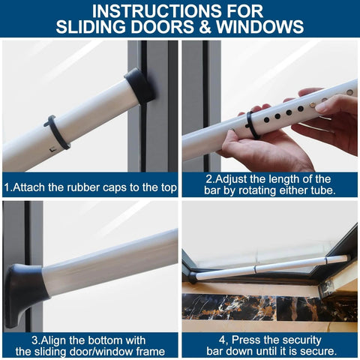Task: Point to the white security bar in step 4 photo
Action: point(270,266)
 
